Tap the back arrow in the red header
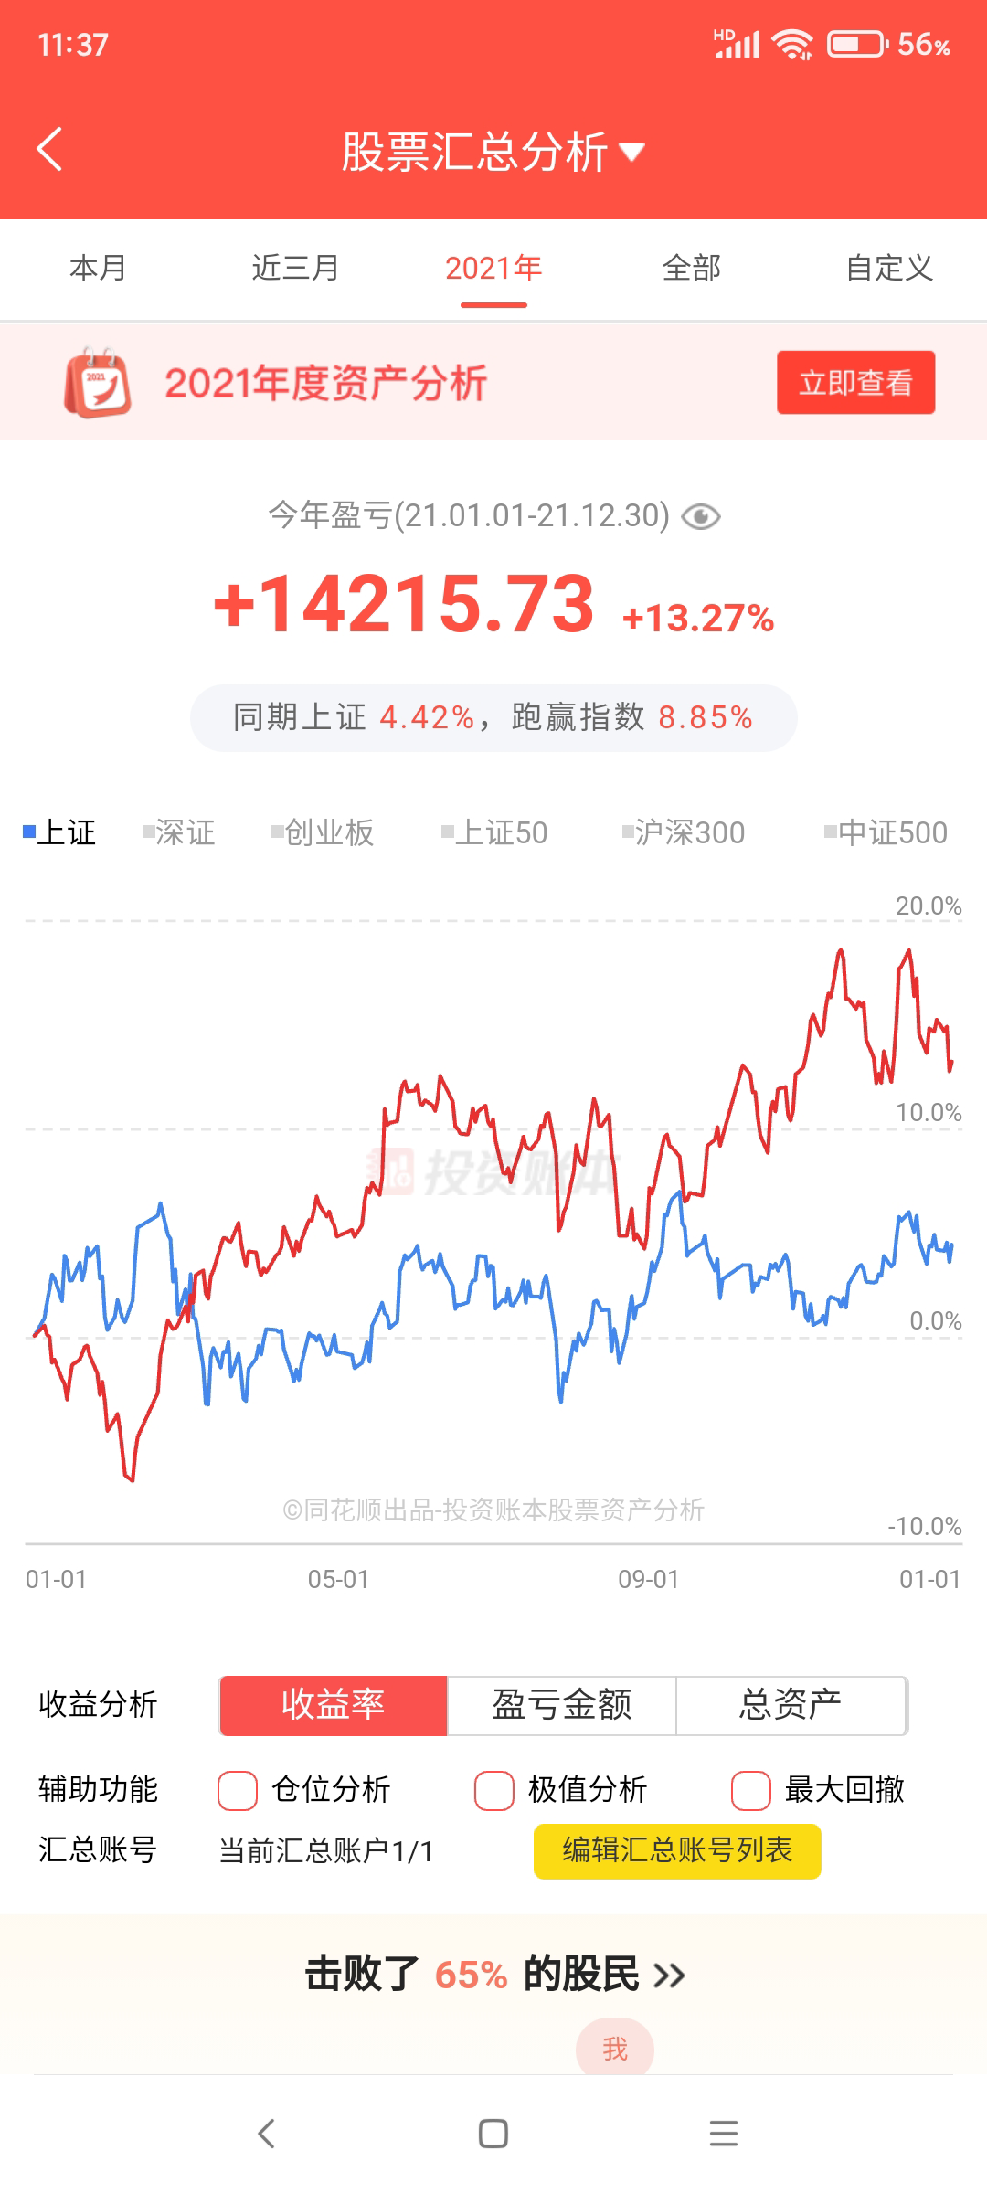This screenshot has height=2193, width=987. [50, 150]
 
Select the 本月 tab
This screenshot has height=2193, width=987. [98, 269]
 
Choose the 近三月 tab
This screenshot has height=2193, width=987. [295, 269]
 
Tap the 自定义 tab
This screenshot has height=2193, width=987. [888, 269]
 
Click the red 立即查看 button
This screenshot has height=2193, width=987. [855, 383]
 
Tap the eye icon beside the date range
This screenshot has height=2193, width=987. [701, 517]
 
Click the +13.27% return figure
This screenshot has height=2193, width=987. [698, 619]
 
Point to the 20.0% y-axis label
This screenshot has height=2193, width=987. [928, 906]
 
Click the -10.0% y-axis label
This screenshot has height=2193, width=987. [924, 1527]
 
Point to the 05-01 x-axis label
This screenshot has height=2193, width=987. [338, 1580]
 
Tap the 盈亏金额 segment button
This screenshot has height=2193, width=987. [561, 1705]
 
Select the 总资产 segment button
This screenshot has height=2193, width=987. [791, 1705]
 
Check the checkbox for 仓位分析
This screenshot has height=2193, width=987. [238, 1790]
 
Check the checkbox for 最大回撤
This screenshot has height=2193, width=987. [751, 1790]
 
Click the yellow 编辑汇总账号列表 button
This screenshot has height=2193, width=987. [677, 1851]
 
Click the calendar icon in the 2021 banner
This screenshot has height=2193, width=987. [97, 383]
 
